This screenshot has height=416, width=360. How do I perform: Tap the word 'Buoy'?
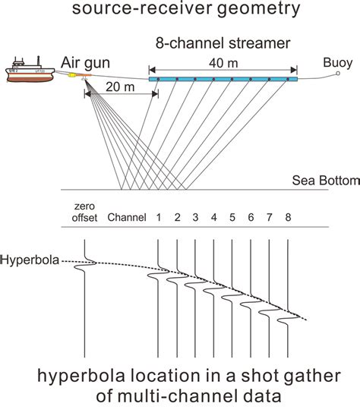pos(336,62)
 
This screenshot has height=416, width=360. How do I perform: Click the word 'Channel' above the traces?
pos(127,218)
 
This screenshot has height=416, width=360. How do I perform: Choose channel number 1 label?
pos(159,218)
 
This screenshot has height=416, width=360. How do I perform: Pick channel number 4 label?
pos(214,218)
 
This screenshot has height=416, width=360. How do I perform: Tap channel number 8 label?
pos(288,218)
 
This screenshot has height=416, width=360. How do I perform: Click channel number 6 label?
pos(251,218)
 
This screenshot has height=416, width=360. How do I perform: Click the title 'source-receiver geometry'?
pos(180,11)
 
